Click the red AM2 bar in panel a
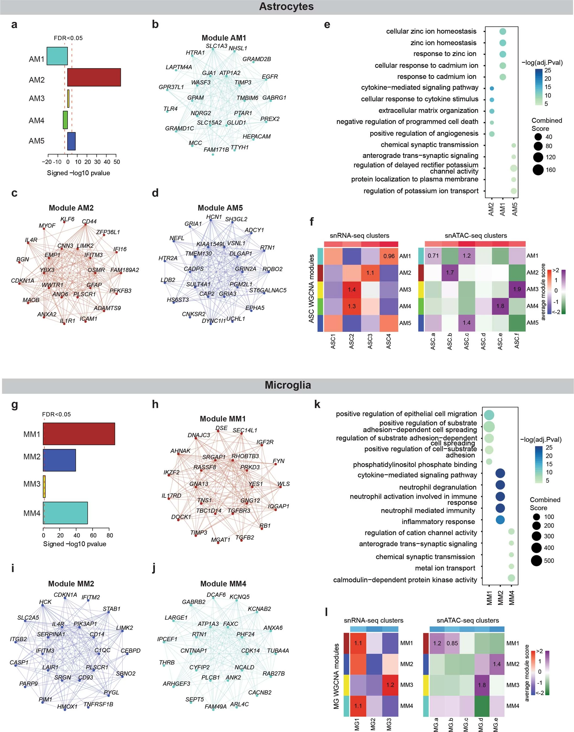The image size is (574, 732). tap(94, 77)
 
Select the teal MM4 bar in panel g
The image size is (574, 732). tap(66, 513)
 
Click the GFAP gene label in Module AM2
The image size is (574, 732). tap(94, 285)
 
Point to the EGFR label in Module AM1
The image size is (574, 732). tap(270, 77)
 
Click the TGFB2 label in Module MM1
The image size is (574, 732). tap(245, 537)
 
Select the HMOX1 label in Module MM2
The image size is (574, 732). tap(67, 707)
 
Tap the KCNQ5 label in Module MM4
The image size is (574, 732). tap(240, 597)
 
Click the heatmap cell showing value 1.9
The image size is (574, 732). tap(517, 289)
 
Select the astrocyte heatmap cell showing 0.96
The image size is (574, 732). tap(389, 256)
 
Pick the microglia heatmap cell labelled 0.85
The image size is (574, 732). tap(452, 643)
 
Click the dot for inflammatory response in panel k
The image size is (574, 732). tap(500, 520)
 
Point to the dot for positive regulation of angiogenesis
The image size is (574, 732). tap(492, 134)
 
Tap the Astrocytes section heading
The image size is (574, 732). tap(286, 7)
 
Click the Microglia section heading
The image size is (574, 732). tap(288, 385)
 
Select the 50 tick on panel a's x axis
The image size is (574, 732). tap(116, 162)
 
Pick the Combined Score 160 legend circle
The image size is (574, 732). tap(538, 170)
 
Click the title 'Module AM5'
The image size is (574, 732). tap(220, 208)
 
